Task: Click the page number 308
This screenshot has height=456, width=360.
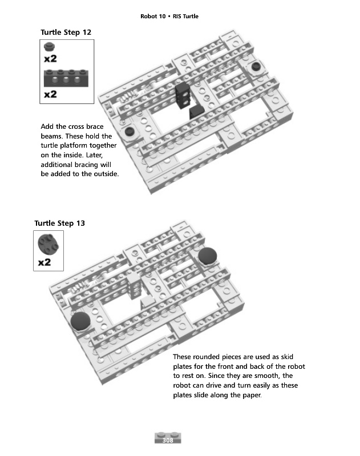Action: (168, 441)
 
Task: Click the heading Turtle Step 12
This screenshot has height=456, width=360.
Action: (66, 32)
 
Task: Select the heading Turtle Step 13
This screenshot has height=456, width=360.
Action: (60, 223)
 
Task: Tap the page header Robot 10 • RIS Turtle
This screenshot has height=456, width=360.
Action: (169, 16)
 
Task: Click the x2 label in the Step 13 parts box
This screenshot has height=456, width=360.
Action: (45, 263)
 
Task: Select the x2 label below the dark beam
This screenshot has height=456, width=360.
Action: (50, 93)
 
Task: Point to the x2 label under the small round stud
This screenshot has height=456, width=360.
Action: (50, 58)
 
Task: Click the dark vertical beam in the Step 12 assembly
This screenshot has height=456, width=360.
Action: (183, 95)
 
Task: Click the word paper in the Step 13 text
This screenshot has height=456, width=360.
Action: (249, 396)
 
